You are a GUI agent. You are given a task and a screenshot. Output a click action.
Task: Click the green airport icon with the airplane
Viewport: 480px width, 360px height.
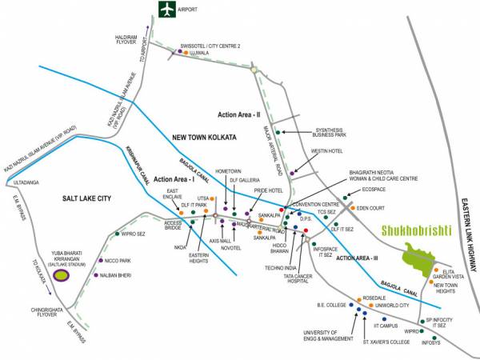166,10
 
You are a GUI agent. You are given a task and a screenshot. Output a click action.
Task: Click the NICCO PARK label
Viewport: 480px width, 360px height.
118,261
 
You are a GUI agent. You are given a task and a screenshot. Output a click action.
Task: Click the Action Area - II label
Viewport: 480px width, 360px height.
240,116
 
